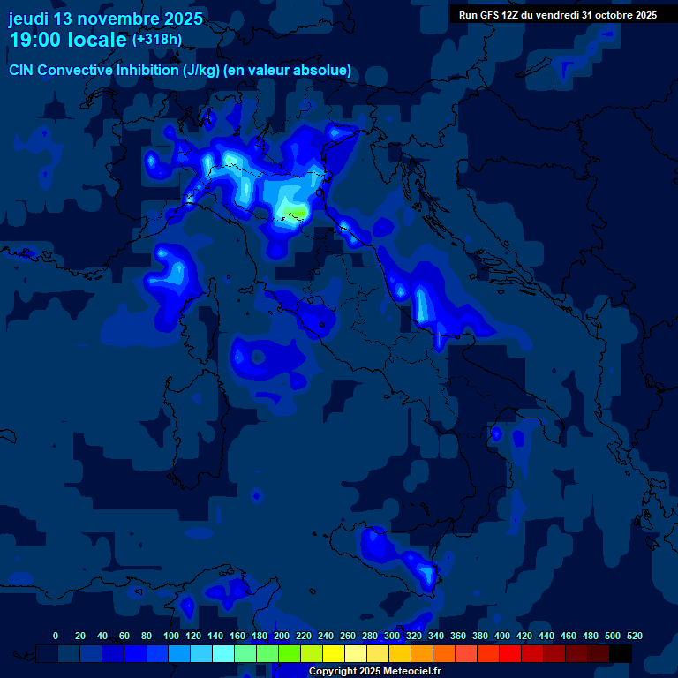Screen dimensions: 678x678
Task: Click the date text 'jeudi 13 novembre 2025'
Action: point(105,19)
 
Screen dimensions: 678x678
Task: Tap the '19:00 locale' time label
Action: point(67,41)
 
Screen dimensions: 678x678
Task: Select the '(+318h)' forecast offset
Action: point(157,40)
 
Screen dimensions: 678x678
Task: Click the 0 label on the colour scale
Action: point(56,637)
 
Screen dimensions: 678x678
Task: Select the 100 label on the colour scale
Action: point(170,637)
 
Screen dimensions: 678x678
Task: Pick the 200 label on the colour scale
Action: point(281,637)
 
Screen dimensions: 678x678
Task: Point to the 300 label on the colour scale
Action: point(392,637)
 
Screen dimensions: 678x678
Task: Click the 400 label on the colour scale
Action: point(502,637)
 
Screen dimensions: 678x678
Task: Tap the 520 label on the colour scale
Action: point(634,637)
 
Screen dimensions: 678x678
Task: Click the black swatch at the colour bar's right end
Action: point(621,654)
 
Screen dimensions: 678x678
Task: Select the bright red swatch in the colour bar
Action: point(510,654)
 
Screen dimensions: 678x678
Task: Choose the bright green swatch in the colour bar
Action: point(290,654)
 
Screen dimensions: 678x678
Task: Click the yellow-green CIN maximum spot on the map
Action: point(298,213)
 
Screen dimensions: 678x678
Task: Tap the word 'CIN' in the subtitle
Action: point(22,70)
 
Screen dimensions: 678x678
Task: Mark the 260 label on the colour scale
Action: point(348,637)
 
